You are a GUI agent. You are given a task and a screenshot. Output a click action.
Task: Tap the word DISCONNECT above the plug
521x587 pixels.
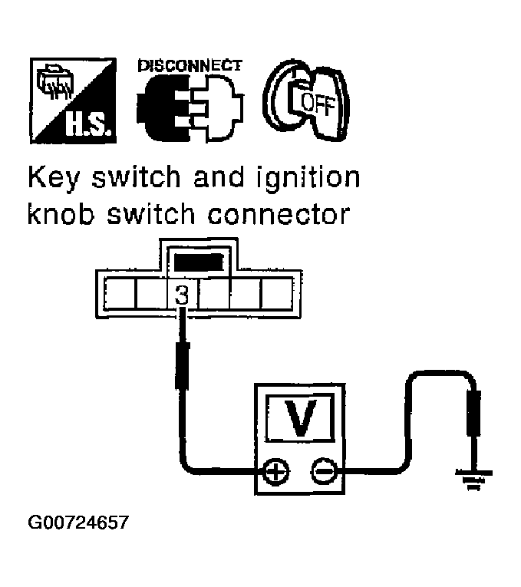(190, 66)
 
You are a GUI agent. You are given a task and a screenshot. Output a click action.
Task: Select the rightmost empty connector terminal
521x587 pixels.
(278, 293)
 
